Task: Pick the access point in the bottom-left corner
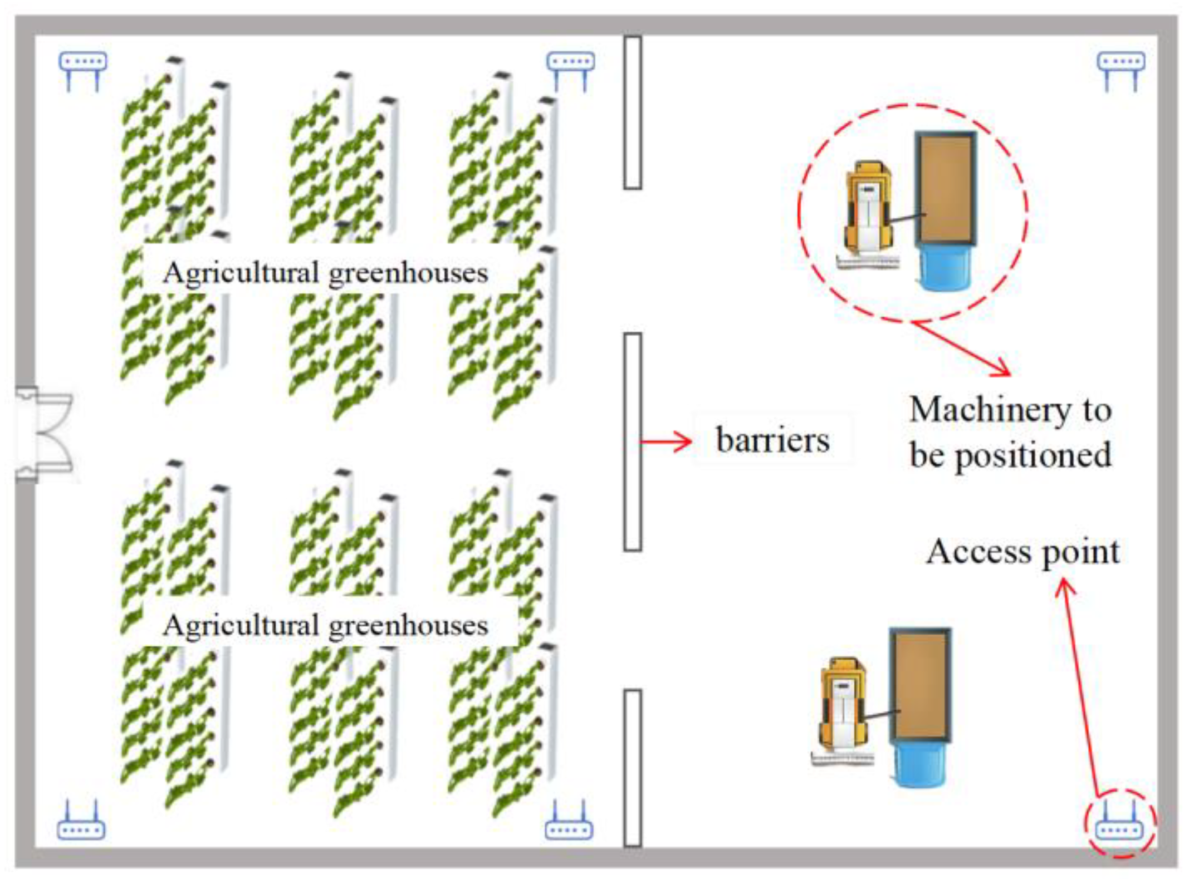coord(81,821)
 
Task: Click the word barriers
coord(772,440)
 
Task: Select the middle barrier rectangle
coord(632,441)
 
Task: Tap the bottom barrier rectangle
coord(632,768)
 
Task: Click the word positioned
coord(1033,456)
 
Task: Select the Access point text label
coord(1022,552)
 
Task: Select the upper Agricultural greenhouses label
coord(325,273)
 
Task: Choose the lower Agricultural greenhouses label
coord(325,625)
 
